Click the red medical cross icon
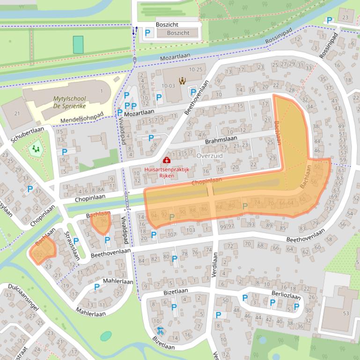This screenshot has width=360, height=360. click(x=167, y=160)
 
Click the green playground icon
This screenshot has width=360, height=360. click(x=36, y=150)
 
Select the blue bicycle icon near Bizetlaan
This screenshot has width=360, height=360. click(x=161, y=331)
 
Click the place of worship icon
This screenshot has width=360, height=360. click(x=183, y=81)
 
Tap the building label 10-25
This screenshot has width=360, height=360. click(x=196, y=70)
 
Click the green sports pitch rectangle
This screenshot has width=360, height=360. click(x=78, y=45)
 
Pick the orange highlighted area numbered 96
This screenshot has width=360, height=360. click(x=101, y=223)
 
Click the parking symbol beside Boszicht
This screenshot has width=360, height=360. click(x=148, y=33)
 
